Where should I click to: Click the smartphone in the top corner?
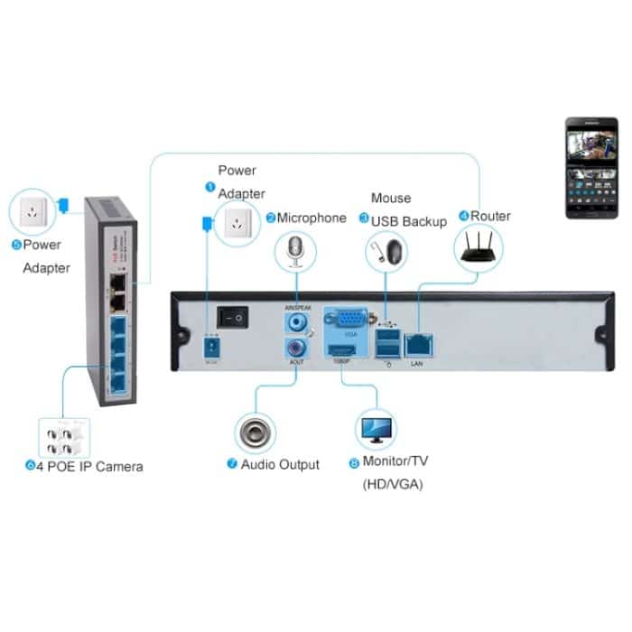click(x=590, y=169)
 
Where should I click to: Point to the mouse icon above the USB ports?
click(x=386, y=249)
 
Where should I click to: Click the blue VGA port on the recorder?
click(x=348, y=320)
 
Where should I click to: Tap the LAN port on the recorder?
click(x=420, y=343)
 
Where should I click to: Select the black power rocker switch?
click(x=237, y=317)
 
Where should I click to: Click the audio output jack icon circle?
click(x=256, y=433)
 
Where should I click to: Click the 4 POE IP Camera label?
click(x=89, y=467)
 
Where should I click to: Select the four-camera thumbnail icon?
click(x=65, y=438)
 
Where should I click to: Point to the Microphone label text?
click(x=311, y=218)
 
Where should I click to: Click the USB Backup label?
click(x=409, y=221)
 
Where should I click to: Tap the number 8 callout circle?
click(x=353, y=463)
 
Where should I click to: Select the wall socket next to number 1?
click(x=238, y=219)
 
